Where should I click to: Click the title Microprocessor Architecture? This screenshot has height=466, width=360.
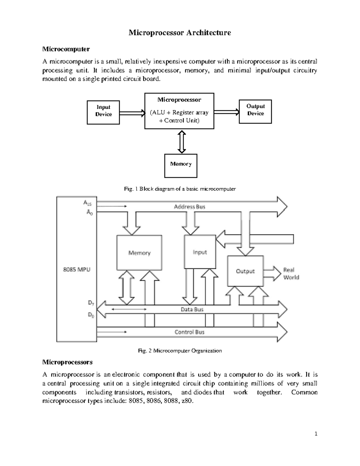pos(180,33)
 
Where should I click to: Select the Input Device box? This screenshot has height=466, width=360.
pos(103,112)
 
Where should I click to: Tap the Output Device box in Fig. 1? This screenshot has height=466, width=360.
pos(255,111)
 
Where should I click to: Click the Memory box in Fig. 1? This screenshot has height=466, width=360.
pos(181,166)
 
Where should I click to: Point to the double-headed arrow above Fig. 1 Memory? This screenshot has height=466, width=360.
pos(181,141)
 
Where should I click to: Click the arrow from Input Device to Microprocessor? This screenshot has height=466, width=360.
pos(132,113)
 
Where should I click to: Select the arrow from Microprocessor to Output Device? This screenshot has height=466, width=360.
pos(226,112)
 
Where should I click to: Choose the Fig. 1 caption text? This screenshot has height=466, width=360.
pos(180,189)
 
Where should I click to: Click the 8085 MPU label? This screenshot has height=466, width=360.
pos(76,269)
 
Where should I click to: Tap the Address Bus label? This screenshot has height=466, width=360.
pos(190,207)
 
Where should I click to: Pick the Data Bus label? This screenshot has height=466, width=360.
pos(192,309)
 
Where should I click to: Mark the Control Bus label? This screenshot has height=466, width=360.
pos(190,332)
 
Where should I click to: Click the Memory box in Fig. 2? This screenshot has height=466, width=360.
pos(139,253)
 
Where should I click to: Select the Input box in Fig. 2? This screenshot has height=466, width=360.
pos(200,252)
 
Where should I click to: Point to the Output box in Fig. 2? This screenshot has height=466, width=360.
pos(245,271)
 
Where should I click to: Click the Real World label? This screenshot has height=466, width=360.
pos(291,273)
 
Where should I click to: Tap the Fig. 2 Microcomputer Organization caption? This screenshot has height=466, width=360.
pos(180,350)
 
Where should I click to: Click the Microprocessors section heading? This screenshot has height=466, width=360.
pos(67,362)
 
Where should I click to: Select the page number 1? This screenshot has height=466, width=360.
pos(316,434)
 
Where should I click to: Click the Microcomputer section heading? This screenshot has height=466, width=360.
pos(66,49)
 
